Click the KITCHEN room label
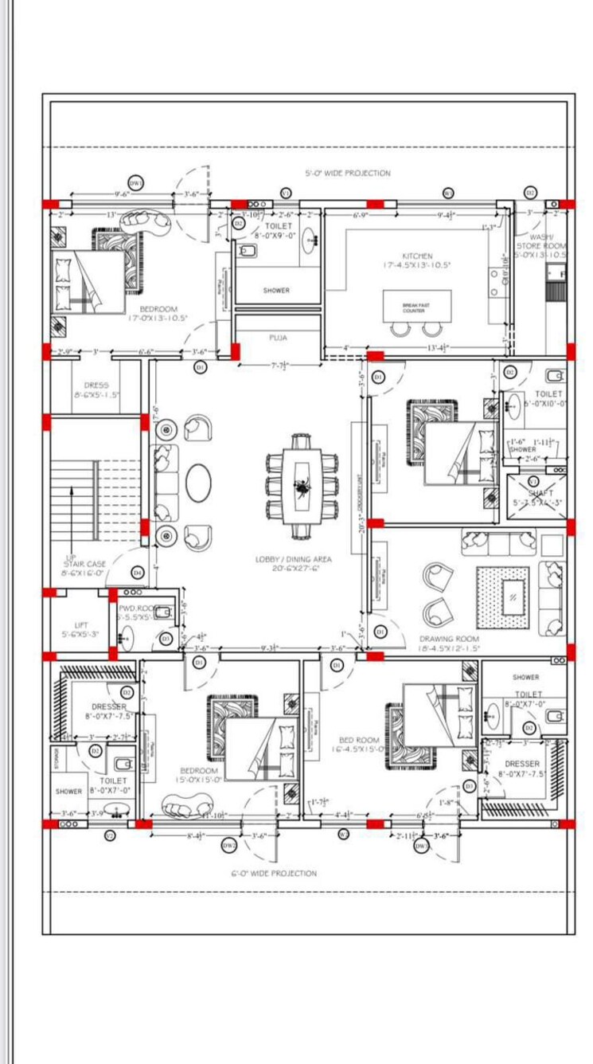pyautogui.click(x=417, y=256)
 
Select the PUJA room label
pyautogui.click(x=278, y=338)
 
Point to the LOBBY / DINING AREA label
pyautogui.click(x=294, y=559)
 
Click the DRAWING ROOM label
pyautogui.click(x=449, y=638)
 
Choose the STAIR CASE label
pyautogui.click(x=85, y=564)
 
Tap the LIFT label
pyautogui.click(x=81, y=625)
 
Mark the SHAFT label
pyautogui.click(x=540, y=494)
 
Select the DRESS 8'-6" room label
pyautogui.click(x=96, y=385)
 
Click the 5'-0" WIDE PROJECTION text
pyautogui.click(x=348, y=173)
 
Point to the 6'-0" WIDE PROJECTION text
pyautogui.click(x=274, y=873)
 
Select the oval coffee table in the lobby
pyautogui.click(x=199, y=483)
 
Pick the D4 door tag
pyautogui.click(x=137, y=572)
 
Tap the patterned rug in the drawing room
pyautogui.click(x=503, y=592)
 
